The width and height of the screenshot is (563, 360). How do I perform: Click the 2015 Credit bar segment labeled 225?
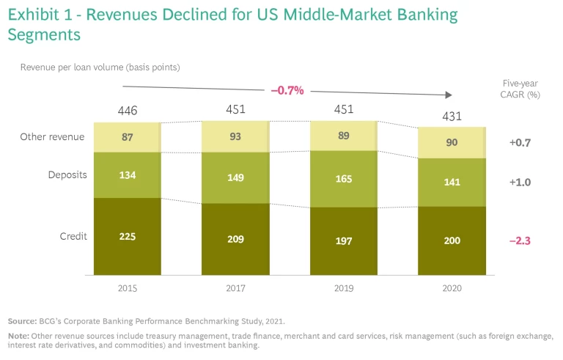point(127,236)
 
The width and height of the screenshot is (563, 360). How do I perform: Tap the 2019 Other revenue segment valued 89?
point(343,136)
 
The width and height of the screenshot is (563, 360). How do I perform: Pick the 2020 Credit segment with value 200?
point(452,240)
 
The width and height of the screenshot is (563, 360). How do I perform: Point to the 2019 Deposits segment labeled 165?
point(343,178)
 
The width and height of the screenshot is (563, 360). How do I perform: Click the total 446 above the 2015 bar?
point(128,111)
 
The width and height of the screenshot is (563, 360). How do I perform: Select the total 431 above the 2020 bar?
point(452,116)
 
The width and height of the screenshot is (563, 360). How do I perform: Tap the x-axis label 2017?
point(235,288)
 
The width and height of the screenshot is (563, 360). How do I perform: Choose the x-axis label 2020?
point(452,288)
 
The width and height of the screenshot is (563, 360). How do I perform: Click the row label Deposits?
point(68,175)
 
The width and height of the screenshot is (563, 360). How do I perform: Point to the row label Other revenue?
point(52,136)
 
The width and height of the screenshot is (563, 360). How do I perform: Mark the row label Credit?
point(73,236)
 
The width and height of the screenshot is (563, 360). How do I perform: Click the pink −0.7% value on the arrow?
point(287,90)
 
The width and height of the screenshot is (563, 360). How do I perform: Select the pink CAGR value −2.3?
point(520,240)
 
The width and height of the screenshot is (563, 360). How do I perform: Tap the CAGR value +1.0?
point(520,182)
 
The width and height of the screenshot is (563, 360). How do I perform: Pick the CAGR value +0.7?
point(520,142)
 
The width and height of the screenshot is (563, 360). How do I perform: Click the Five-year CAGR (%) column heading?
point(520,89)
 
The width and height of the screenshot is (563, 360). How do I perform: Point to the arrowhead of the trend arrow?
point(446,95)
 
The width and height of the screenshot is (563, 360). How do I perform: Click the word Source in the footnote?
point(23,321)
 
